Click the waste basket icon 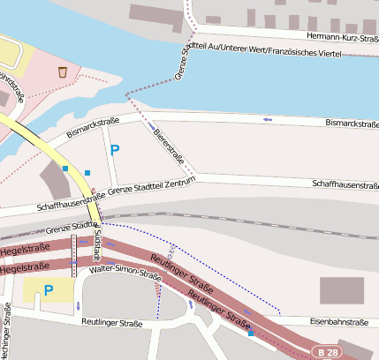coord(62,71)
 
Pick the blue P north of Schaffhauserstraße coord(114,150)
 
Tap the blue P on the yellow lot coord(49,289)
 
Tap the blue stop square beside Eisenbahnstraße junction coord(251,334)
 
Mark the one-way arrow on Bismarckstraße coord(268,118)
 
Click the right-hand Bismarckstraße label coord(351,123)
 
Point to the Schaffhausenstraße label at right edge coord(345,185)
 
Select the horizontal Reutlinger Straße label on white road coord(112,324)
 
